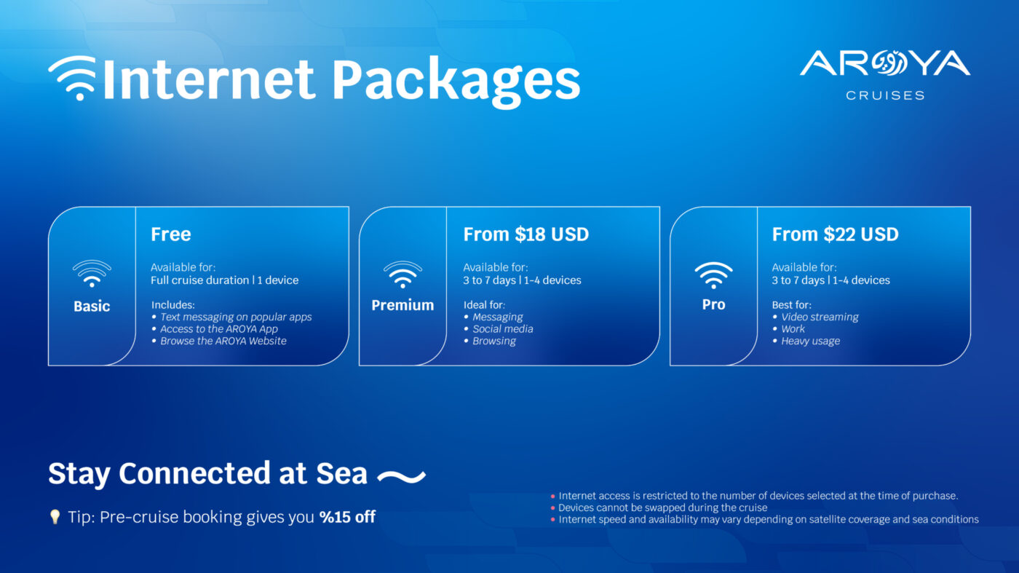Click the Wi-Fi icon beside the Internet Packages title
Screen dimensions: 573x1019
coord(72,78)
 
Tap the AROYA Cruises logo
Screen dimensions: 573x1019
coord(885,74)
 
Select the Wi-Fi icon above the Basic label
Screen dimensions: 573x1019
coord(92,274)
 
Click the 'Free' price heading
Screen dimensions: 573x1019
coord(171,234)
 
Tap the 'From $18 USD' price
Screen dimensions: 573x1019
coord(526,234)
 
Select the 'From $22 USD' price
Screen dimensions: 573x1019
coord(835,234)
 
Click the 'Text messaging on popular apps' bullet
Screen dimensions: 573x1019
coord(236,317)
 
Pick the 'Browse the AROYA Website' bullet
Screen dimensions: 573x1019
coord(223,341)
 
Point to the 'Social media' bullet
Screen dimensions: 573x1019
coord(502,329)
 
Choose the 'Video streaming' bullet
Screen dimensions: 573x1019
coord(820,317)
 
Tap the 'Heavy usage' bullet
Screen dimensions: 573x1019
coord(810,341)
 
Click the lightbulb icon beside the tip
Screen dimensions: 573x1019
coord(55,517)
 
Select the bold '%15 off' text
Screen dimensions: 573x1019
coord(347,518)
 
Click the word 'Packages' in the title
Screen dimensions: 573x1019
coord(456,79)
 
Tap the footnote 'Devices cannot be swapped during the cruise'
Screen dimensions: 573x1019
coord(662,507)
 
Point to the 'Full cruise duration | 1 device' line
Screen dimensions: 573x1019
coord(224,280)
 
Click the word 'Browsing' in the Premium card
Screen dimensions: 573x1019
coord(494,341)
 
